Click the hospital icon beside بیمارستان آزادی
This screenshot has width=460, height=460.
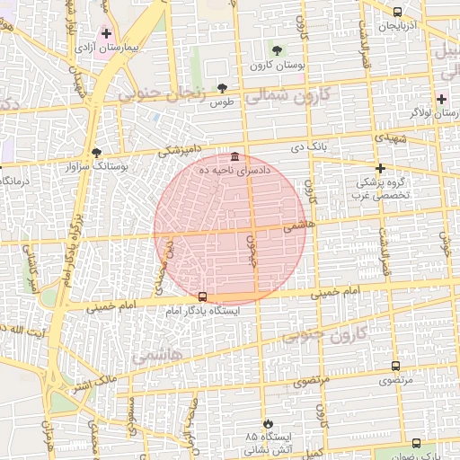point(107,32)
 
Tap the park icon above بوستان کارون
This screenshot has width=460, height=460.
point(277,50)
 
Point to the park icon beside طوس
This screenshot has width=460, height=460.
point(223,88)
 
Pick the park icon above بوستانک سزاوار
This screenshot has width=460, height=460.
point(97,152)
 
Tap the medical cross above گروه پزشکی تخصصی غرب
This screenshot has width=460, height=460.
point(380,168)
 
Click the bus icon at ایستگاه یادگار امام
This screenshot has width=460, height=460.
point(202,296)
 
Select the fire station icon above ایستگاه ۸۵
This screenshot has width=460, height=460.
point(267,423)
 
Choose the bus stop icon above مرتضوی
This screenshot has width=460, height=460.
point(395,366)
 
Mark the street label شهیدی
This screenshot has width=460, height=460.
point(392,138)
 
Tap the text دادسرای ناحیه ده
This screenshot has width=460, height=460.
point(235,171)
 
